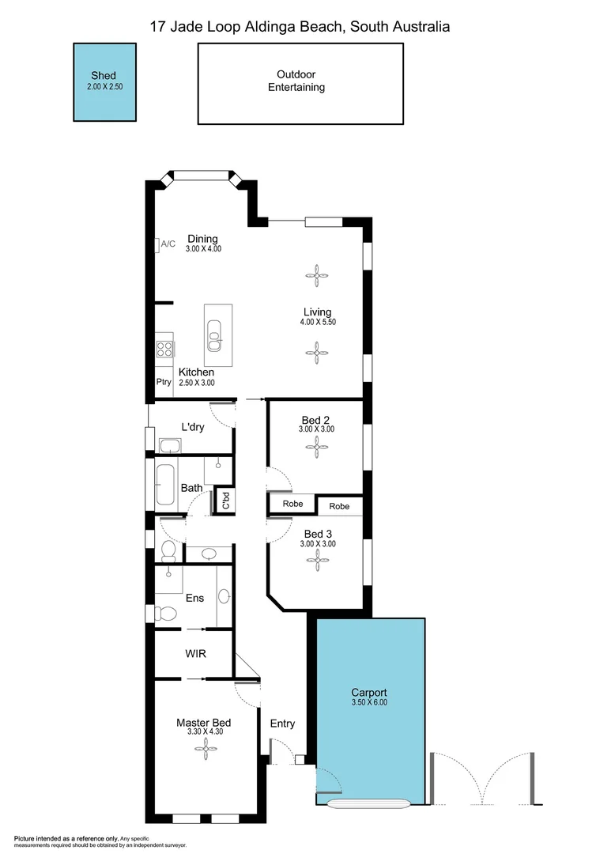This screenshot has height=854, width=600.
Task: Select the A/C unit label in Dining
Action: (x=168, y=244)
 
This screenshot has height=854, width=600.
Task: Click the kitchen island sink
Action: (x=214, y=337)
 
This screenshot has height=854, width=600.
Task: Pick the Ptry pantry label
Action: (x=164, y=383)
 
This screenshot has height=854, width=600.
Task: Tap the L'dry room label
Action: (x=194, y=427)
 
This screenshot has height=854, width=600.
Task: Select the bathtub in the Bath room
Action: (x=165, y=484)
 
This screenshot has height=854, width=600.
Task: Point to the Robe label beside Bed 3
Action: (x=339, y=506)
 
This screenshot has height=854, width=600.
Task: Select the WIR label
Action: (x=196, y=655)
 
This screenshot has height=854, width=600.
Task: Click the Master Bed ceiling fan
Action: (x=204, y=749)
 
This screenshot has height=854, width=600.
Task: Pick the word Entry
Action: (x=282, y=724)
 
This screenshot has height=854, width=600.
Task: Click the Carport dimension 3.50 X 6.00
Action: (x=370, y=702)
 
